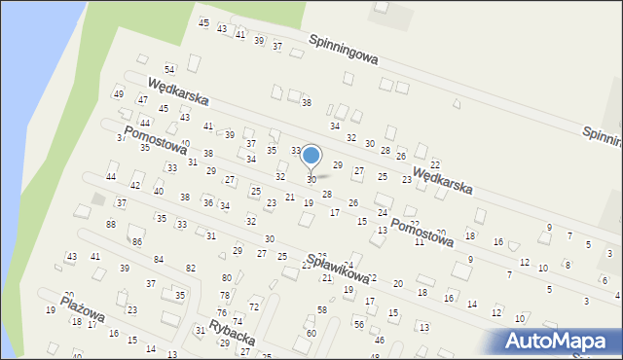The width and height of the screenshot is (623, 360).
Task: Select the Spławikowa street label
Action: click(x=338, y=267)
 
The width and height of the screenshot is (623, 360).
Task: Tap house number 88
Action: click(x=111, y=225)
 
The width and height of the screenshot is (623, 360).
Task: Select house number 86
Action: click(x=137, y=241)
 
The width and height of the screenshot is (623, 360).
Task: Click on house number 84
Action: click(x=159, y=259)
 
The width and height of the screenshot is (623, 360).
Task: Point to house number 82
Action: click(x=191, y=268)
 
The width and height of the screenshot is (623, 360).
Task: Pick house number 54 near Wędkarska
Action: click(x=168, y=69)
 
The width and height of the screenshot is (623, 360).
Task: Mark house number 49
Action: click(x=119, y=94)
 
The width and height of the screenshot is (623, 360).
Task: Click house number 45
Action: click(x=203, y=22)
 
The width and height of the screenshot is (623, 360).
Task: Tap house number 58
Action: click(x=322, y=309)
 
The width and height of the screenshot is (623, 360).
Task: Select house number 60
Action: click(x=311, y=334)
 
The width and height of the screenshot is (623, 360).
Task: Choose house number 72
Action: click(x=254, y=306)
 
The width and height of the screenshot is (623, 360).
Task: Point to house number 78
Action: click(x=224, y=295)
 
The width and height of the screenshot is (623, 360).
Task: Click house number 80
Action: click(x=227, y=278)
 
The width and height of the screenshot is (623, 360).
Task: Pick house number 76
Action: click(x=221, y=312)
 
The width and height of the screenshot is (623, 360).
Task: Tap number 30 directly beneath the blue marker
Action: click(x=311, y=180)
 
